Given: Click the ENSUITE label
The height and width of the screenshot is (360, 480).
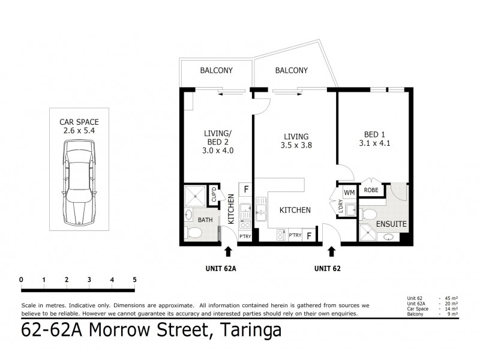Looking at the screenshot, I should click(x=392, y=224).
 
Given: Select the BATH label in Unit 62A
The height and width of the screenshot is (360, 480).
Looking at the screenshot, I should click(x=205, y=220).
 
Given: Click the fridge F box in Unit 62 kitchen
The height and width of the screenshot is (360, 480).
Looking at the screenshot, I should click(x=310, y=236).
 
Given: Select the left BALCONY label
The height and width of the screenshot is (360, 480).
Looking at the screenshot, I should click(x=216, y=71).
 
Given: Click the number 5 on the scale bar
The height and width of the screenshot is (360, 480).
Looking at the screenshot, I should click(x=135, y=280).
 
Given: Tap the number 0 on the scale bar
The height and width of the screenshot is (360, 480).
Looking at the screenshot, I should click(x=21, y=280).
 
